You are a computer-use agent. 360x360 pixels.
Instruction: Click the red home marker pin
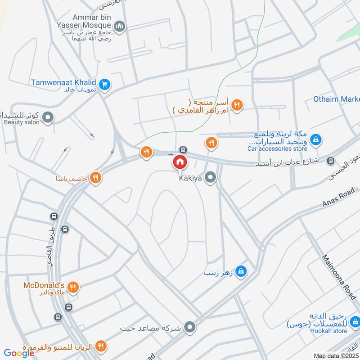click(x=180, y=162)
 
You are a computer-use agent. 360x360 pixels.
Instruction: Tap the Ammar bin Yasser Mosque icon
click(x=120, y=27)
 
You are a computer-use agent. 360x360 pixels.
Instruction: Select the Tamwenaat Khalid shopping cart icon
click(x=105, y=84)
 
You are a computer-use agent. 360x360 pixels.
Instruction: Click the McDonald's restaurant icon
click(x=74, y=286)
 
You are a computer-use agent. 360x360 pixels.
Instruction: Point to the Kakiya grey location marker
click(x=210, y=178)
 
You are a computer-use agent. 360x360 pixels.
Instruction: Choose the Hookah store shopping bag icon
click(x=355, y=322)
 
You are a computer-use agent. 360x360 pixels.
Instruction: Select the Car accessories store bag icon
click(x=316, y=139)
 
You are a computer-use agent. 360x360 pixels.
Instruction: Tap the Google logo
click(x=19, y=353)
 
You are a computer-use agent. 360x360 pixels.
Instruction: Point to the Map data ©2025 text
click(x=335, y=355)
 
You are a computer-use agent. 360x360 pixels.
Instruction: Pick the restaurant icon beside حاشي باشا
click(x=95, y=177)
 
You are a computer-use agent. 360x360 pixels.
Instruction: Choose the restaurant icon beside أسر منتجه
click(x=238, y=105)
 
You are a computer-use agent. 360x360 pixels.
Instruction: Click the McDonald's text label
click(x=45, y=285)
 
